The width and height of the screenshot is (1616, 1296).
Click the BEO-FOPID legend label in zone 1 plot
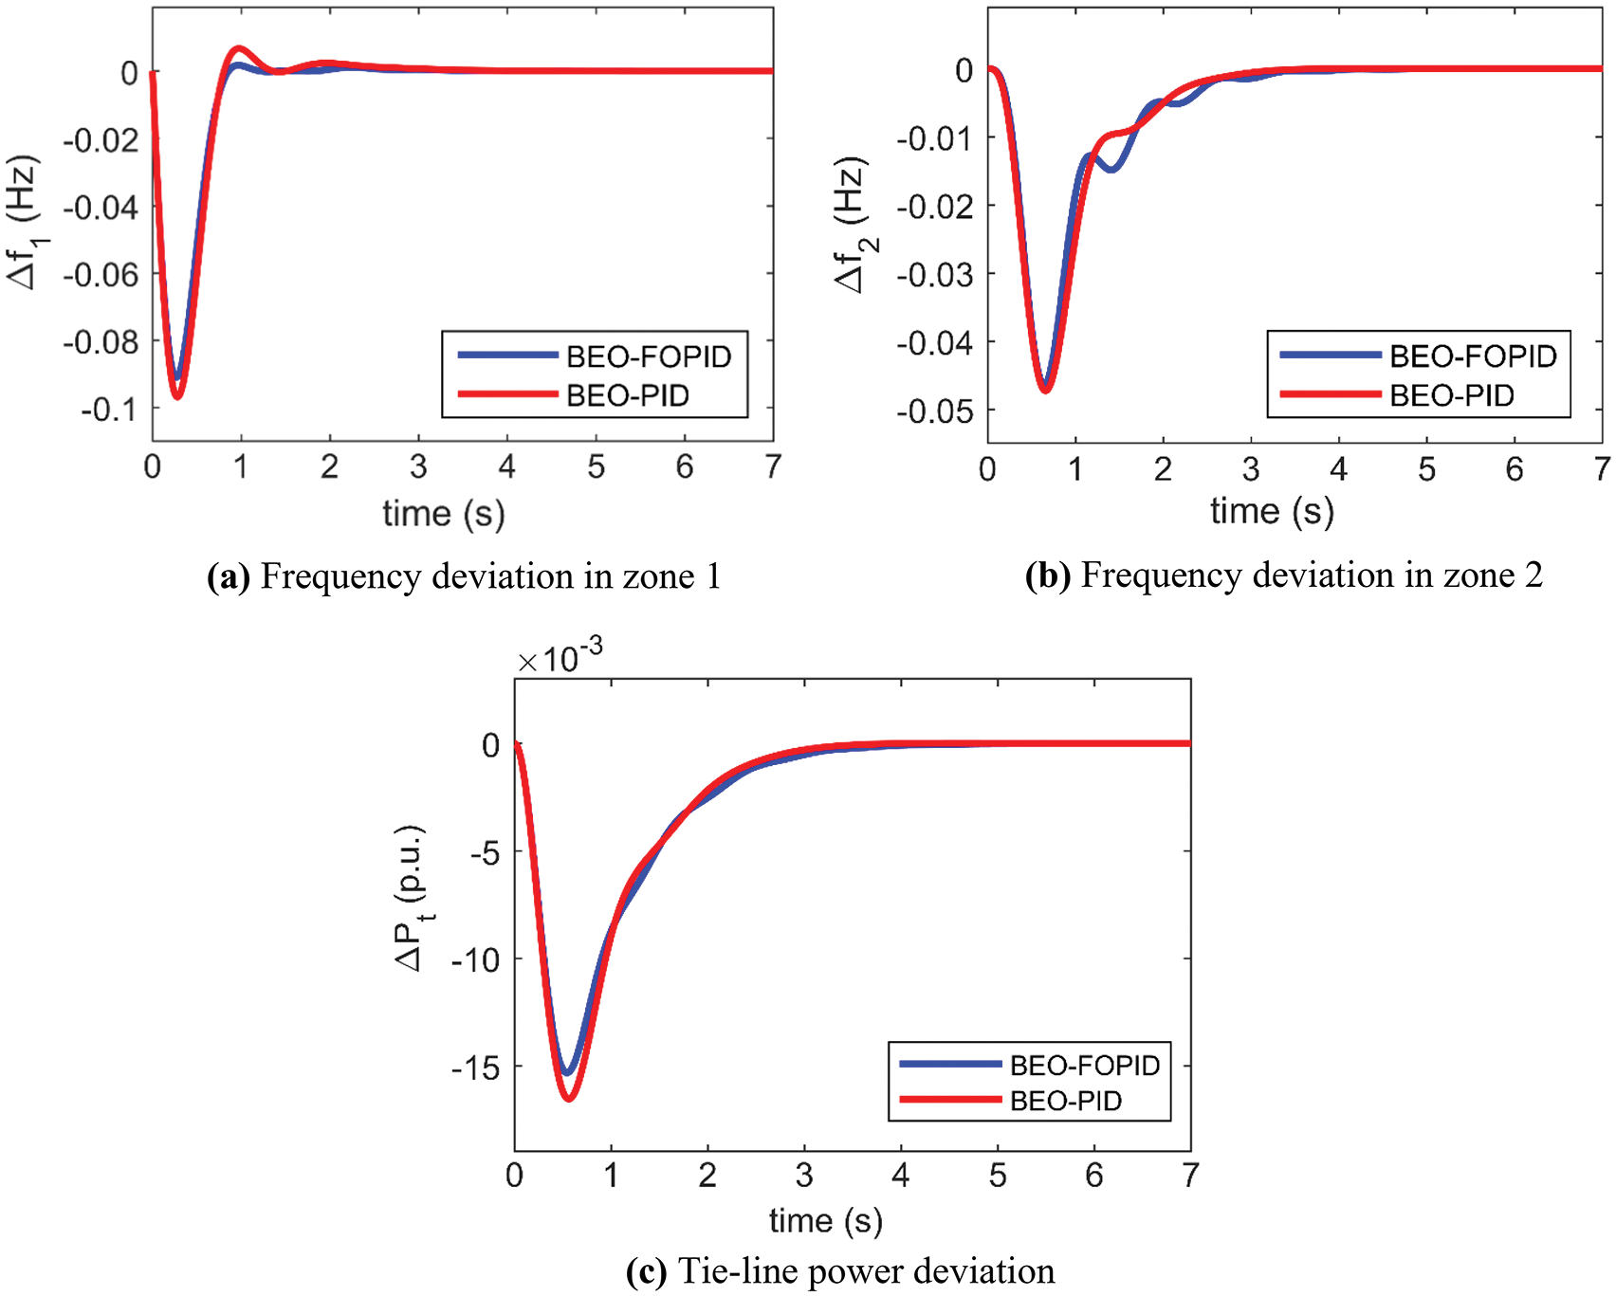(x=649, y=356)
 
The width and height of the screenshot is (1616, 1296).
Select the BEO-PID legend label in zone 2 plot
(x=1451, y=395)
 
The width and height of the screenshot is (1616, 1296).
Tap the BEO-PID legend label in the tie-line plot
(x=1066, y=1101)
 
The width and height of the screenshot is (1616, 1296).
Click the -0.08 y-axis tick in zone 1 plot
(x=101, y=341)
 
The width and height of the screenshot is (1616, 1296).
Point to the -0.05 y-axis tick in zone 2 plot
(x=935, y=411)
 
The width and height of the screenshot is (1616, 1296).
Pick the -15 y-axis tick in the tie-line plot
(x=476, y=1068)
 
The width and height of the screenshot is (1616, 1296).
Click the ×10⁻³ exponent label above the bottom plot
(x=560, y=656)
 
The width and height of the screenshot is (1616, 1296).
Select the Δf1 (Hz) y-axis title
(x=23, y=222)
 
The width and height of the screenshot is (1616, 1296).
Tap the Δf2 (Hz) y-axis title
(x=852, y=226)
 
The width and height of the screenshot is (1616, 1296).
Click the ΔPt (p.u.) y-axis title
(x=412, y=898)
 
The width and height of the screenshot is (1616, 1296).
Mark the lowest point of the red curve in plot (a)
(x=176, y=396)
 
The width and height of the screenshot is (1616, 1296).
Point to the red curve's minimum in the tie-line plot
(x=569, y=1098)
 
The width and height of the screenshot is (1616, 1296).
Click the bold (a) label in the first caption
(x=228, y=576)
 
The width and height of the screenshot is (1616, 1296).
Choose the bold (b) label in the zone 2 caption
(x=1047, y=575)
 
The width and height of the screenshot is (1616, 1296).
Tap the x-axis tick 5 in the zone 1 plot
(x=596, y=466)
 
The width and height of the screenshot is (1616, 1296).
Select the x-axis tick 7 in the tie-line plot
(x=1189, y=1176)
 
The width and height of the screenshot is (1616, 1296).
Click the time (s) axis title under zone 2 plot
(x=1272, y=512)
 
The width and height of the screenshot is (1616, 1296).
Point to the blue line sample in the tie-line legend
(x=949, y=1065)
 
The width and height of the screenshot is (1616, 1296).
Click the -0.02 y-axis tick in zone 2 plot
(x=935, y=207)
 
